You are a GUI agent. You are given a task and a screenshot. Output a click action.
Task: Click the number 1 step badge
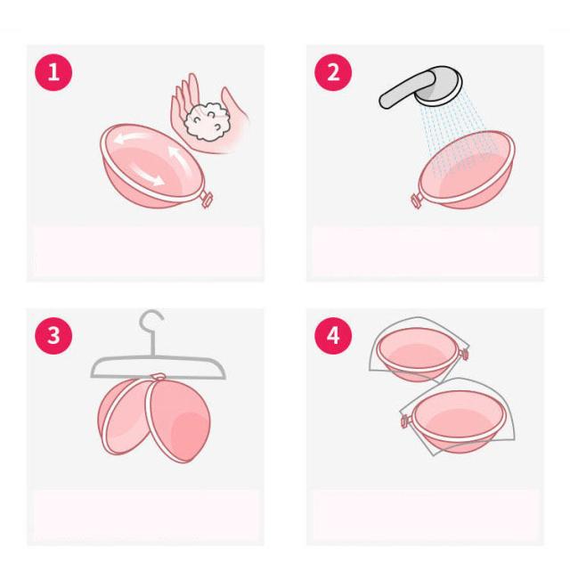[x=53, y=72]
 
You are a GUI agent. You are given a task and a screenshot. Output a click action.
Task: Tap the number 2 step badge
[x=333, y=72]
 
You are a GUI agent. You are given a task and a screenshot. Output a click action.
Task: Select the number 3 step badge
[x=53, y=336]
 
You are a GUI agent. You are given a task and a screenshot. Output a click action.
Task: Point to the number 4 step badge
[x=333, y=336]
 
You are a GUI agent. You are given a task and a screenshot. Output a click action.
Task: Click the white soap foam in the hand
[x=208, y=121]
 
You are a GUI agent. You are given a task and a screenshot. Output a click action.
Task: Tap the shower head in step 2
[x=440, y=87]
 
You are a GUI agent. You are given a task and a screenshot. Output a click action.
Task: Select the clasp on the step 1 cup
[x=206, y=200]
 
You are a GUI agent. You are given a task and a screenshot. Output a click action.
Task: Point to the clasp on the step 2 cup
[x=416, y=200]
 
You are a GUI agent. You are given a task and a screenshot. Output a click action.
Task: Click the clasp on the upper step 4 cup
[x=463, y=353]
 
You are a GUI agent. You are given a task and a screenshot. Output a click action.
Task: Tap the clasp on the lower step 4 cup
[x=405, y=421]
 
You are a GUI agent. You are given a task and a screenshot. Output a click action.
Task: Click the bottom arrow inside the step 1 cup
[x=147, y=176]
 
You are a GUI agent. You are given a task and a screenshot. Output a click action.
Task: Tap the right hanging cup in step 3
[x=178, y=418]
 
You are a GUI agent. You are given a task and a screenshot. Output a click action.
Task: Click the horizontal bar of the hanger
[x=159, y=368]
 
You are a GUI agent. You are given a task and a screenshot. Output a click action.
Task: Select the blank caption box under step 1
[x=146, y=250]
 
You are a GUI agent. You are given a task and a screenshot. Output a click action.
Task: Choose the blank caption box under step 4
[x=426, y=515]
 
